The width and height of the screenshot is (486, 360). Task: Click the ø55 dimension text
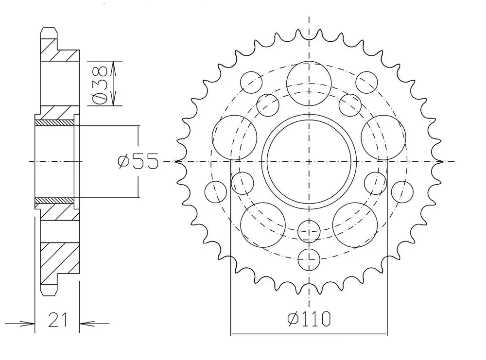click(138, 161)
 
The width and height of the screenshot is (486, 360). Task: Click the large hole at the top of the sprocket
click(309, 84)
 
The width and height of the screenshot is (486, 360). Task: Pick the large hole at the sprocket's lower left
click(263, 225)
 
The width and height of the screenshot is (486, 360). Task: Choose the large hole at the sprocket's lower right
click(355, 225)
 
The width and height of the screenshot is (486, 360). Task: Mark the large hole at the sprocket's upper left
click(235, 137)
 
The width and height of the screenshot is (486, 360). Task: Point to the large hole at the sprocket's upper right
click(383, 137)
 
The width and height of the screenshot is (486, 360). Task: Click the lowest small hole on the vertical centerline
click(309, 259)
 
